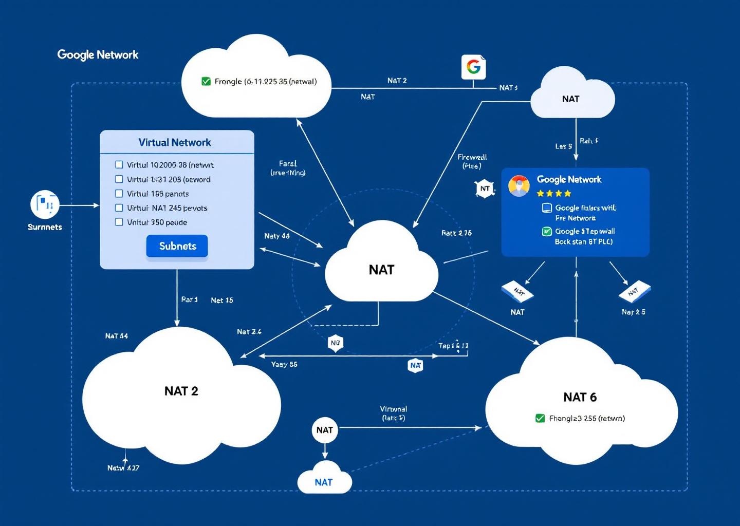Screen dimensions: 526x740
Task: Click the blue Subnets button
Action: click(177, 246)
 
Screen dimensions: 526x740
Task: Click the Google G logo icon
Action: click(473, 67)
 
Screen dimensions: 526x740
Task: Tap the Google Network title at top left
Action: click(98, 54)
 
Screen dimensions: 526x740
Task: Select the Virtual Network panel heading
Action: click(175, 142)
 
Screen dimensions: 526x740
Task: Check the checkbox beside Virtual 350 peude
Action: click(119, 222)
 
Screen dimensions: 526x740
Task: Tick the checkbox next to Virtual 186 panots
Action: click(119, 194)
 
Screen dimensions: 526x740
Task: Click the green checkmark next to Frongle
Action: click(206, 81)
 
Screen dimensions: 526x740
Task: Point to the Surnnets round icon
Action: click(45, 204)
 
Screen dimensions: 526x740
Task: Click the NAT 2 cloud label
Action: click(181, 391)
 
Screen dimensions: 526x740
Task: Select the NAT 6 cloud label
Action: click(580, 397)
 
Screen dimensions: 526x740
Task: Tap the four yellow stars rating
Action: click(553, 194)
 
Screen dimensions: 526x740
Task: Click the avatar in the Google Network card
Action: click(519, 185)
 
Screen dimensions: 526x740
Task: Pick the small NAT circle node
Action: click(324, 430)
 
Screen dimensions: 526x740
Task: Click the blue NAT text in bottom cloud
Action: click(324, 482)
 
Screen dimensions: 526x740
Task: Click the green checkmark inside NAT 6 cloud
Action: click(540, 418)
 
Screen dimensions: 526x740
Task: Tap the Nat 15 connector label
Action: click(221, 300)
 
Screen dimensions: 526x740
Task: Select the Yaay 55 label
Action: click(284, 364)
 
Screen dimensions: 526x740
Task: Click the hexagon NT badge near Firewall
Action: click(485, 189)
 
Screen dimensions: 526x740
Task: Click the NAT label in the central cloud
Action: click(381, 270)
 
